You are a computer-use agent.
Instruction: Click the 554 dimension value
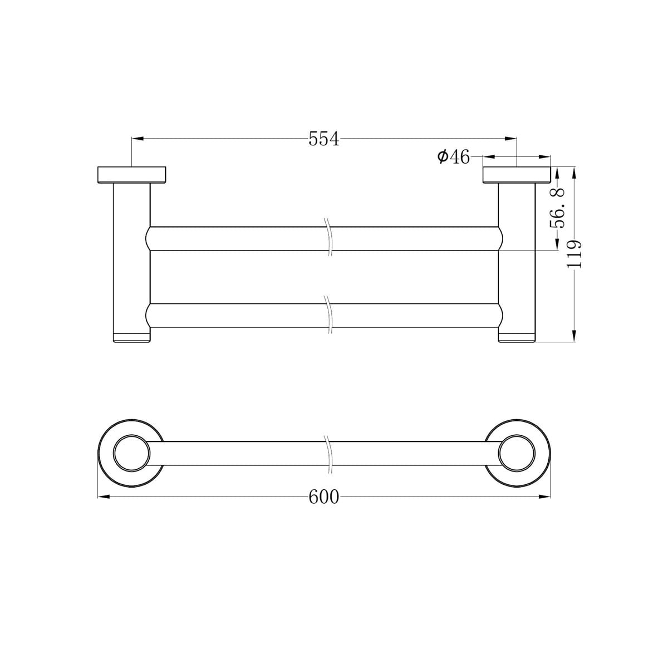(x=323, y=139)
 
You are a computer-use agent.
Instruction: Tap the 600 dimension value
(x=323, y=497)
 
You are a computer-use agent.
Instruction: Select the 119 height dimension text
(x=574, y=254)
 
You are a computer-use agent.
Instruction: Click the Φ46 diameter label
(x=453, y=157)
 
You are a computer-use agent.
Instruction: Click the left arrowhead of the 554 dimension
(x=137, y=139)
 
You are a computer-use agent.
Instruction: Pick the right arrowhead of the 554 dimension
(x=510, y=139)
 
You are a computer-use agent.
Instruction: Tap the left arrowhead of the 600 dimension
(x=104, y=497)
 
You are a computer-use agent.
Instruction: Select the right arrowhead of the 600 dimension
(x=544, y=497)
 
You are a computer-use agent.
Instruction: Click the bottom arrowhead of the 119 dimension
(x=574, y=336)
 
